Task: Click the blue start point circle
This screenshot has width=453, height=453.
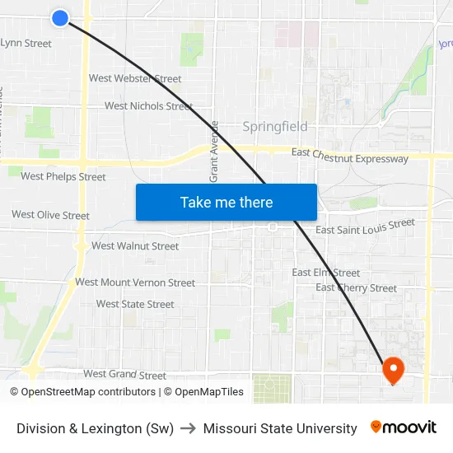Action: point(59,17)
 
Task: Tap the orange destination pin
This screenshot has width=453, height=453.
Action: point(392,369)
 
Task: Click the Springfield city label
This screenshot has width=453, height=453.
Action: point(275,127)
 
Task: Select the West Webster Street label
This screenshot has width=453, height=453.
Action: point(135,79)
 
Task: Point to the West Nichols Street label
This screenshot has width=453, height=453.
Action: point(148,106)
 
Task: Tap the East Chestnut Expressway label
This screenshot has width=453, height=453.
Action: point(350,156)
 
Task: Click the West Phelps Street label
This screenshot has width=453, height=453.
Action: point(63,176)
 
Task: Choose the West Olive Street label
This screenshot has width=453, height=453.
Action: point(51,216)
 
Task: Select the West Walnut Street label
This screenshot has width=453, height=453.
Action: point(135,246)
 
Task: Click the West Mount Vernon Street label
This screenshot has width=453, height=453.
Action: point(135,283)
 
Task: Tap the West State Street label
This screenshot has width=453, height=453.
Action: point(135,305)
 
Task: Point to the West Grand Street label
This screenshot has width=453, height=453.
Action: point(125,376)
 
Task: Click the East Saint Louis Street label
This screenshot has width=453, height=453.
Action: point(366,226)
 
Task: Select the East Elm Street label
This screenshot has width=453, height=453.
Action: point(326,273)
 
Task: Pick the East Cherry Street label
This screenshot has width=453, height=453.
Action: point(356,288)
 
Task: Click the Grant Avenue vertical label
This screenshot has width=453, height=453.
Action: point(214,152)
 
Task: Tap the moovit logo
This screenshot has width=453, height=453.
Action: point(404,427)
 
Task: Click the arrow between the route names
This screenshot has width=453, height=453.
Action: point(189,428)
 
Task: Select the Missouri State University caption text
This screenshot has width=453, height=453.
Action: point(280,428)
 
